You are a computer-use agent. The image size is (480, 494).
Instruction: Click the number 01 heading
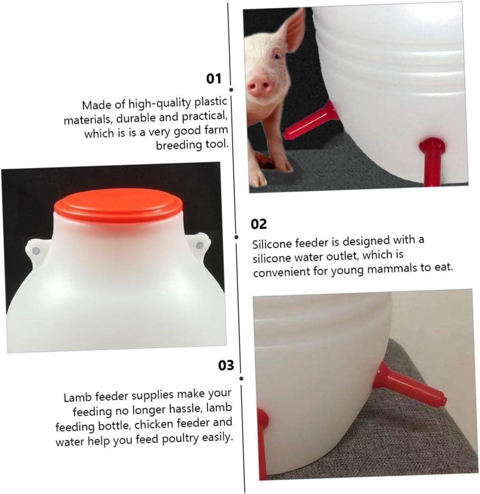213,78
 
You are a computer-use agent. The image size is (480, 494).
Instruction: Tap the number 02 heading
259,224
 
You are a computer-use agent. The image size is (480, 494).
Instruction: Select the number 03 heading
226,365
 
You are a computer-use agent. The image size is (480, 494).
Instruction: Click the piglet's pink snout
259,86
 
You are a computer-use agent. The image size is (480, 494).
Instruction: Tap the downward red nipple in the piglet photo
432,162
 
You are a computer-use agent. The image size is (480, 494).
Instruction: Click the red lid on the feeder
118,204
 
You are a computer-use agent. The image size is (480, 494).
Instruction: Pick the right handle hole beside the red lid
199,245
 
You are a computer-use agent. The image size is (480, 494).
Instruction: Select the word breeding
179,145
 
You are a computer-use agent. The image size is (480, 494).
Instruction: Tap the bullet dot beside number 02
236,237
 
